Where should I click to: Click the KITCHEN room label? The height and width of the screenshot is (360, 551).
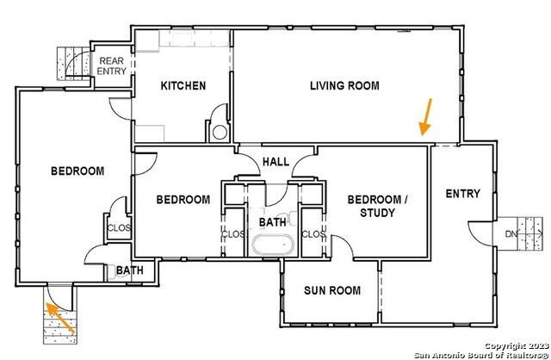tap(183, 85)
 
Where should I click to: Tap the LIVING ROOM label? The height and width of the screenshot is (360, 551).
tap(344, 85)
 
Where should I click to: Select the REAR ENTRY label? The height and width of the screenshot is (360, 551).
tap(112, 66)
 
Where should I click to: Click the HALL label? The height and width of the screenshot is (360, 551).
tap(275, 162)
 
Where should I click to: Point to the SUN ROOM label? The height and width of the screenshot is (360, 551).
tap(331, 290)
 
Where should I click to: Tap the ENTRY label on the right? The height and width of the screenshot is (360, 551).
tap(462, 194)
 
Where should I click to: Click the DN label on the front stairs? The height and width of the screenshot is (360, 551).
tap(511, 233)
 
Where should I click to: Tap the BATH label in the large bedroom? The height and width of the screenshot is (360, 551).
tap(130, 270)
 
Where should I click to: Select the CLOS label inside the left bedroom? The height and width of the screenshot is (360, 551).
tap(118, 228)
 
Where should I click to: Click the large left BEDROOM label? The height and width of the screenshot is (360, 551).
tap(77, 171)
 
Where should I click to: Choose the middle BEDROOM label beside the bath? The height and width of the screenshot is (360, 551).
tap(183, 199)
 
